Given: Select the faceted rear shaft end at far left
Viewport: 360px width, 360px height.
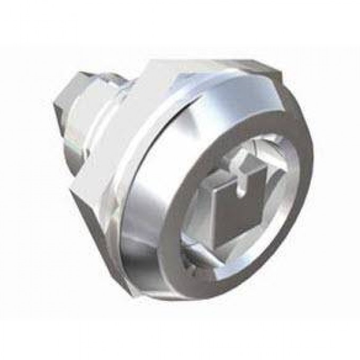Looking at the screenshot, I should coord(62,124).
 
